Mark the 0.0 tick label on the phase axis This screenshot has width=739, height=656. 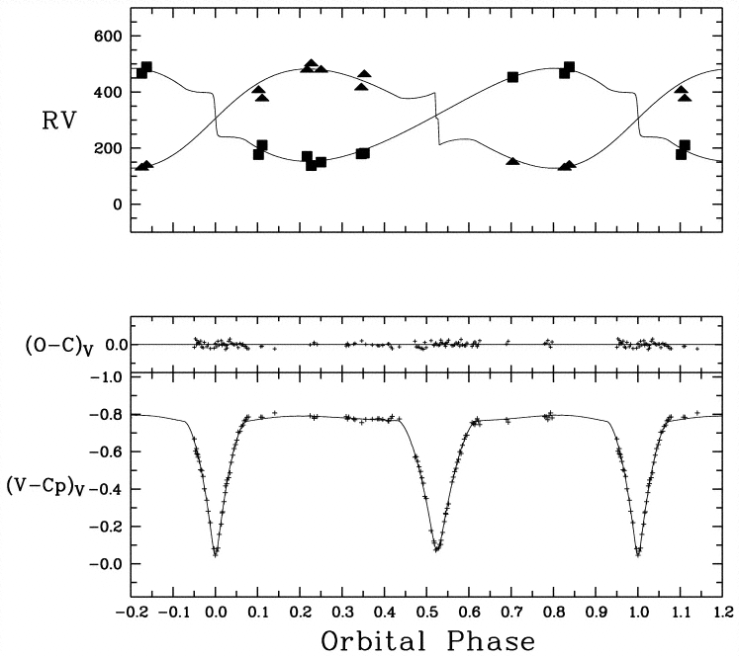pos(216,613)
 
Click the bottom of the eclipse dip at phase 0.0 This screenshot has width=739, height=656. pos(216,552)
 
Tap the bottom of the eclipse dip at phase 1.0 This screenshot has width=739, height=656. pos(638,552)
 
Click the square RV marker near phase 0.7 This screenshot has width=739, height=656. pos(512,77)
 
